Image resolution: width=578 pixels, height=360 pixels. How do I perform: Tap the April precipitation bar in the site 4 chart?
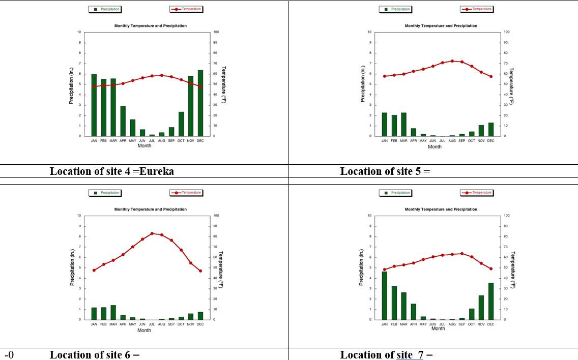(x=123, y=121)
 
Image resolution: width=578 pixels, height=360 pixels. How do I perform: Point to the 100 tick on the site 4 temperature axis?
(x=216, y=32)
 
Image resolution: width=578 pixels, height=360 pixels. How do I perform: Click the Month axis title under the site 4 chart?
(x=144, y=146)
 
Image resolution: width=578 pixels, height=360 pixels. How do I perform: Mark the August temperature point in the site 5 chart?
(x=452, y=61)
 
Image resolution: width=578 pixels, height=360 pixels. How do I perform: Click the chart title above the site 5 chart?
(x=441, y=26)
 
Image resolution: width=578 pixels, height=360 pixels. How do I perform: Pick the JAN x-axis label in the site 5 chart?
(x=384, y=141)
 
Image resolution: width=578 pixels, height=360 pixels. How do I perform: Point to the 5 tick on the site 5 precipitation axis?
(x=370, y=84)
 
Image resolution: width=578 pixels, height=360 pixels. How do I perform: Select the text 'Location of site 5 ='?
(x=385, y=171)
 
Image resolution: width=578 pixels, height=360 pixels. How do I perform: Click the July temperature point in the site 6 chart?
(x=152, y=233)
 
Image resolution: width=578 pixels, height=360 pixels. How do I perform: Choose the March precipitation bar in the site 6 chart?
(x=113, y=313)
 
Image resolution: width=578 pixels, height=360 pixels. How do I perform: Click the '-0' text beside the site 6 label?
(x=9, y=355)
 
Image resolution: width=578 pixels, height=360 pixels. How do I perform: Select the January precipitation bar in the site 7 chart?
(x=384, y=295)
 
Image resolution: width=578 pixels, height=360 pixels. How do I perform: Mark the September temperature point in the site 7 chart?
(x=461, y=253)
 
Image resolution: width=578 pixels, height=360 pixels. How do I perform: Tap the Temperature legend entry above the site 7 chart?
(x=477, y=193)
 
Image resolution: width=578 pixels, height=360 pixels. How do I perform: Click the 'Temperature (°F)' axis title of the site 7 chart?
(x=512, y=269)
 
